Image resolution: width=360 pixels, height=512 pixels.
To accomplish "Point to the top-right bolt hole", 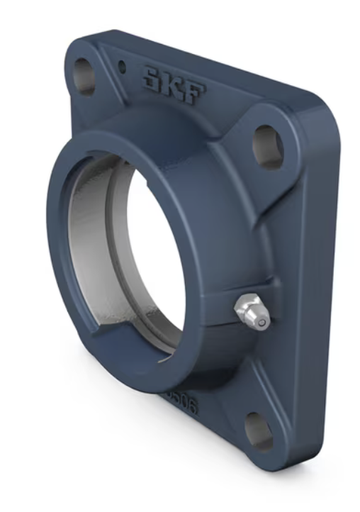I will point(267,145).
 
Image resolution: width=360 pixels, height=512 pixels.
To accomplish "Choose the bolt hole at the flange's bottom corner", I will point(259,429).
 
